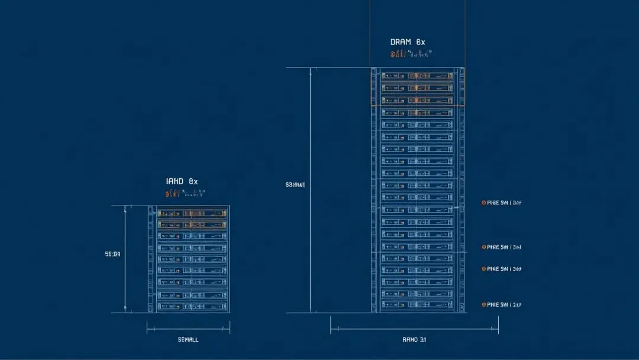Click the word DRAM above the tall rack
400,42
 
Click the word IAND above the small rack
176,181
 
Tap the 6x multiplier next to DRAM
420,42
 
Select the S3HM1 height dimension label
295,185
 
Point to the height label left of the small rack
112,254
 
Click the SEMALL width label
188,339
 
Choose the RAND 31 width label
414,339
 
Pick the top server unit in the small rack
192,213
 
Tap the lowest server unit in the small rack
192,306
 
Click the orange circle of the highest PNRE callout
483,202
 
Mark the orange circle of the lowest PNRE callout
483,304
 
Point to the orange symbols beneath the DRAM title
411,54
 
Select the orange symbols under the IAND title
185,193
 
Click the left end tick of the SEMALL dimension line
147,327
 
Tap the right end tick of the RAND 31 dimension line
498,324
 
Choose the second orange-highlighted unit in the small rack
192,224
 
